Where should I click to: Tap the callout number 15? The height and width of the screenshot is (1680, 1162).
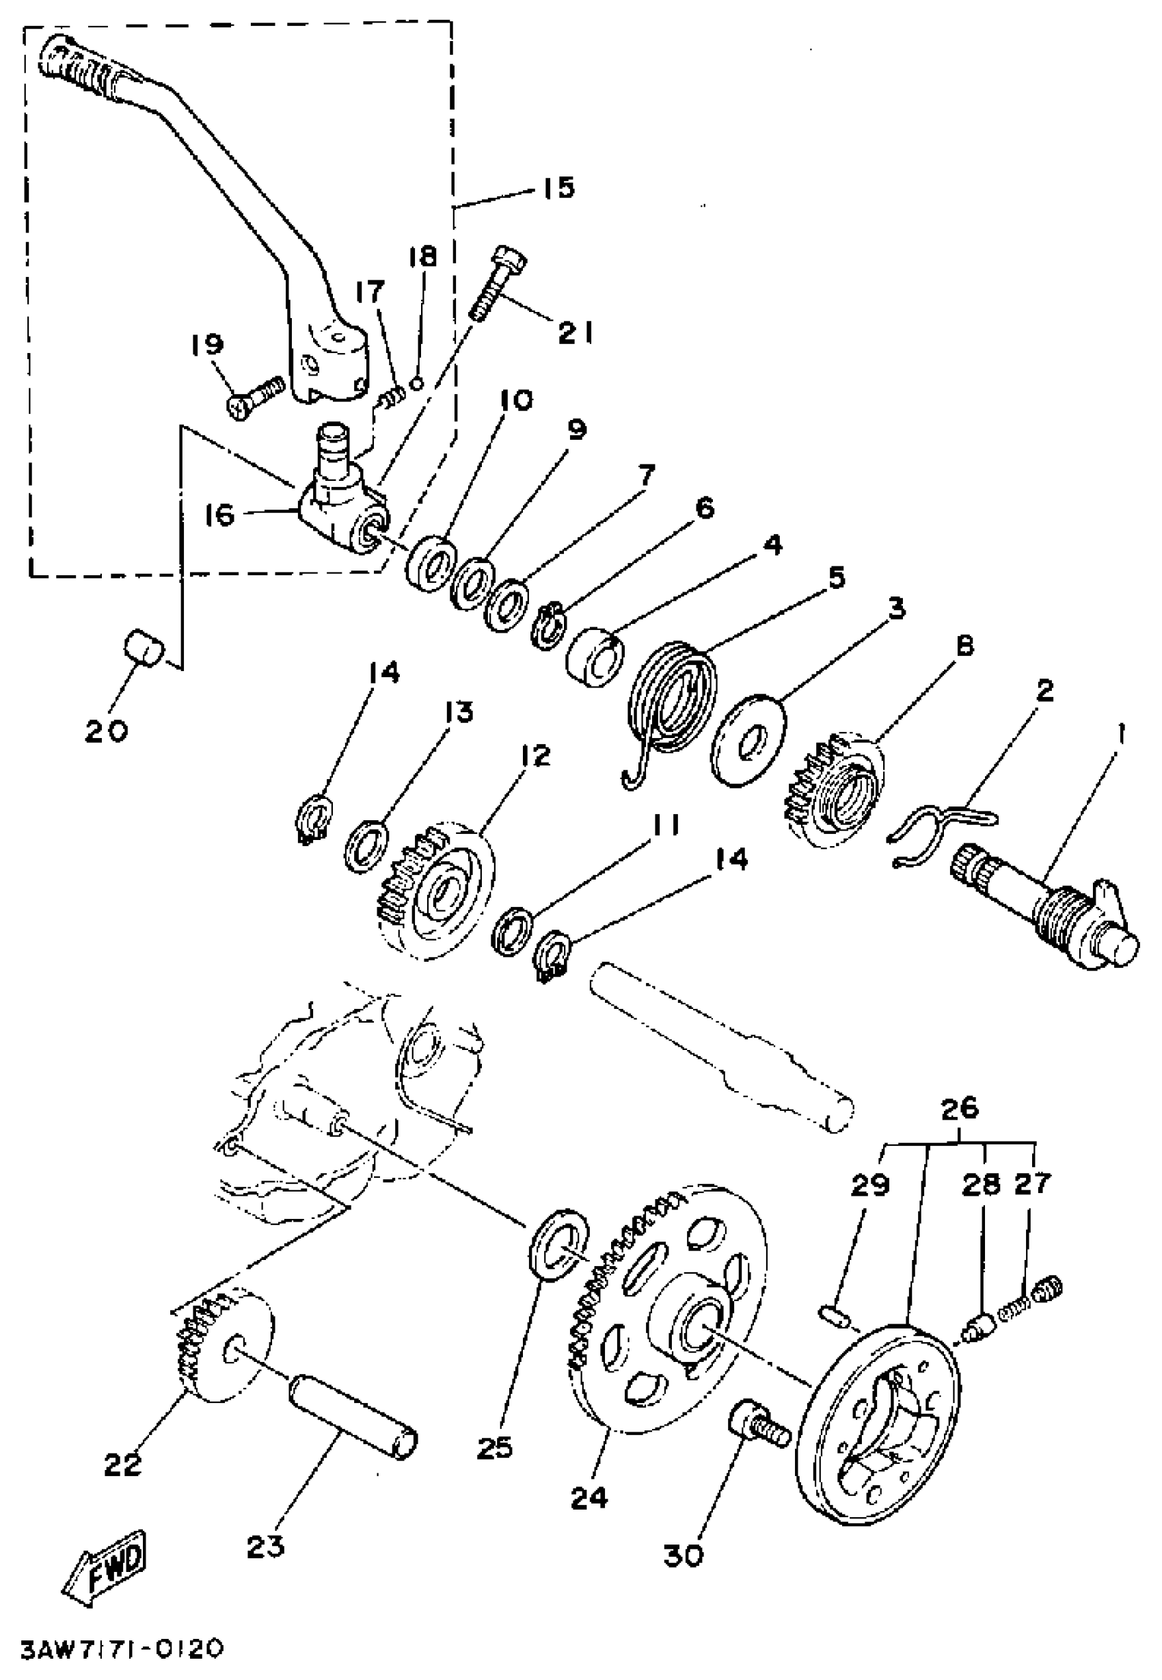(x=558, y=187)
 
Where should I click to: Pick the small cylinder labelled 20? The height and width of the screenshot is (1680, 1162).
(x=143, y=647)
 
